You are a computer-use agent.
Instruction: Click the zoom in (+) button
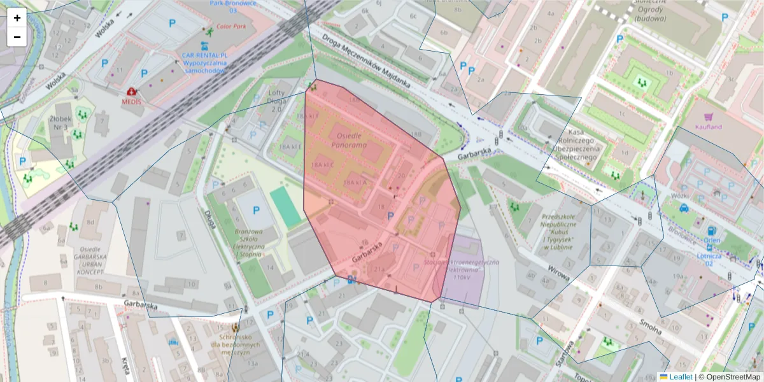(17, 18)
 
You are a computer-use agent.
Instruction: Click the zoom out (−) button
(17, 37)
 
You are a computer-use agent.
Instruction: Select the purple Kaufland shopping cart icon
(708, 117)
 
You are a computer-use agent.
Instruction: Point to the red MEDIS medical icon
(132, 92)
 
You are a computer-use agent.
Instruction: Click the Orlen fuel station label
(712, 240)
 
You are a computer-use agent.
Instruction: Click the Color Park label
(231, 27)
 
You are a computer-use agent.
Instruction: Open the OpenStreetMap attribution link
(729, 377)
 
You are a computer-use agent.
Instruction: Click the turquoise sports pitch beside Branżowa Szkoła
(285, 206)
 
